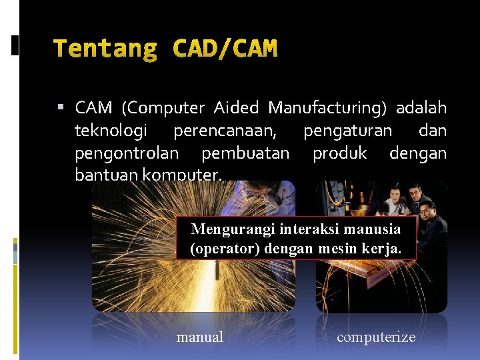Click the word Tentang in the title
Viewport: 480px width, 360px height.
click(x=105, y=49)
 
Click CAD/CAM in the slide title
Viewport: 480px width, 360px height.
click(x=225, y=49)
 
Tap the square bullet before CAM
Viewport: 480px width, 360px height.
click(x=61, y=107)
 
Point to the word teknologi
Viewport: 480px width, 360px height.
click(x=111, y=131)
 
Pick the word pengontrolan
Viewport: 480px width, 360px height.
click(x=127, y=154)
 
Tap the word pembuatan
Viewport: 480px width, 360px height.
click(x=245, y=154)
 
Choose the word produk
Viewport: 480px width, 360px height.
click(x=340, y=154)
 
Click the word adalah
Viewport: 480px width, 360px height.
click(x=421, y=108)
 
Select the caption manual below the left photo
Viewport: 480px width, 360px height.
click(x=200, y=337)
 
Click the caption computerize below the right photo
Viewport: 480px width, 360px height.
click(x=376, y=337)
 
